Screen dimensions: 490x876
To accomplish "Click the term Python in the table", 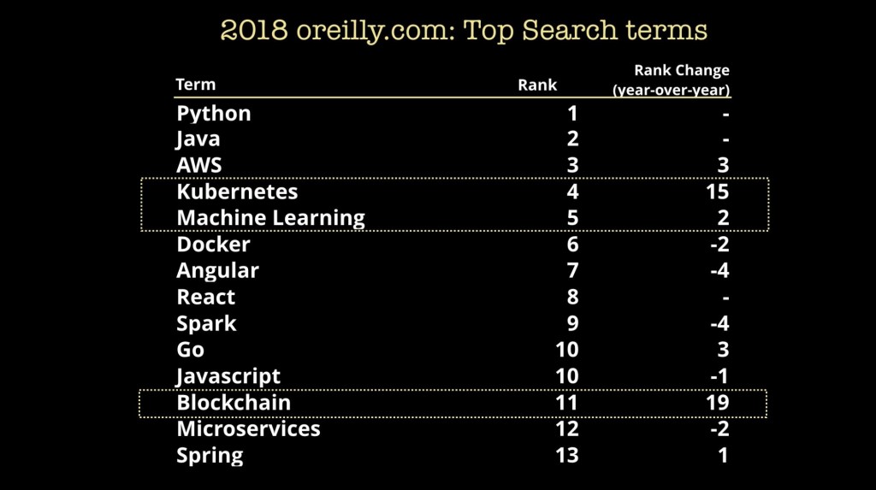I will click(x=214, y=114).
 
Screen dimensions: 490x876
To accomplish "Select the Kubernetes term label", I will click(x=237, y=192).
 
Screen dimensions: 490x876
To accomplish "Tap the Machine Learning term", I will click(x=270, y=218).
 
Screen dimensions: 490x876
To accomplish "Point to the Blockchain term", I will click(x=234, y=403).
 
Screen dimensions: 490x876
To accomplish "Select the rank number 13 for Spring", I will click(x=566, y=455).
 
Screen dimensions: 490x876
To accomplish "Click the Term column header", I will click(x=195, y=85).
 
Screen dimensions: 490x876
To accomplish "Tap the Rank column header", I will click(x=537, y=85).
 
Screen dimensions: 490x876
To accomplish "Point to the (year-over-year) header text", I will click(x=671, y=90).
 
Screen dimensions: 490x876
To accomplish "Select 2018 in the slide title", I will click(x=253, y=31).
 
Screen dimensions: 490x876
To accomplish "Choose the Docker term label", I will click(x=213, y=245).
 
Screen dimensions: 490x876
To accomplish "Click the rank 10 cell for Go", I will click(x=566, y=350).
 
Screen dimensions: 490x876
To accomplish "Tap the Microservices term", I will click(x=248, y=428).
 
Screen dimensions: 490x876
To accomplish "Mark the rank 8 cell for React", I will click(x=572, y=298).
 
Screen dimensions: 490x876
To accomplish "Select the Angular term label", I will click(x=217, y=271).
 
